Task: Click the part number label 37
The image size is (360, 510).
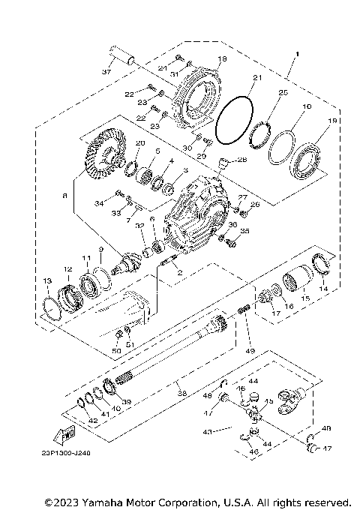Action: tap(106, 72)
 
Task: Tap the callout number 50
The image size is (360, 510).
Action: tap(116, 351)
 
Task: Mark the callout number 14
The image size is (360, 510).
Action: tap(324, 287)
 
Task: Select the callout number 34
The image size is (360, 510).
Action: tap(98, 202)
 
